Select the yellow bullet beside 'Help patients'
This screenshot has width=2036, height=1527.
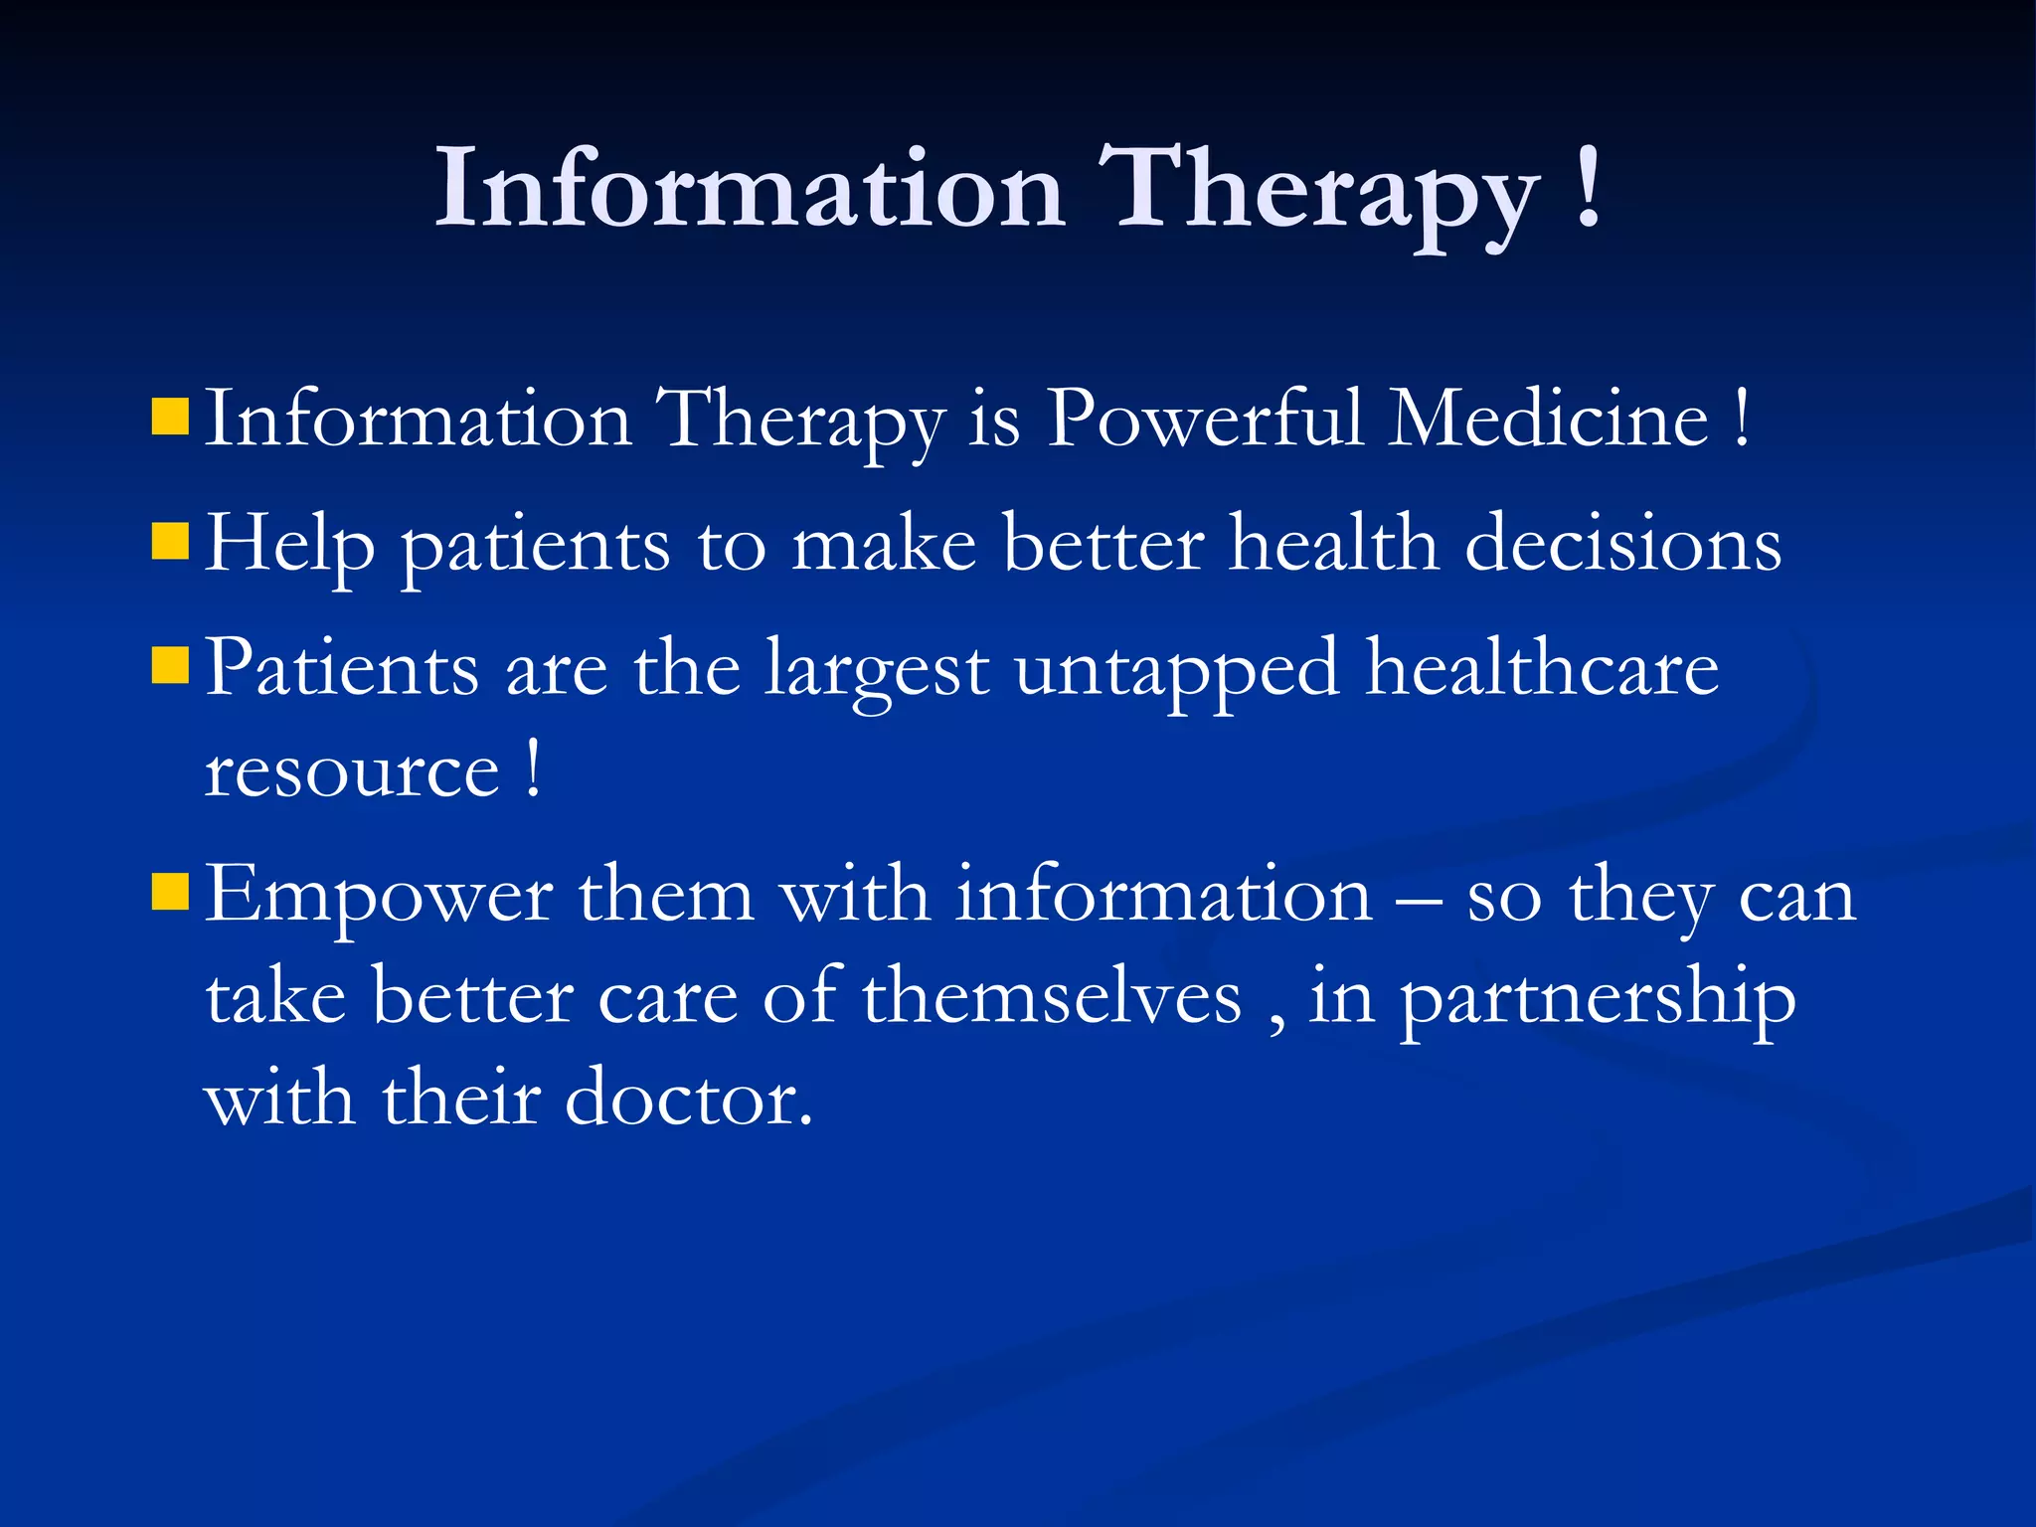tap(170, 543)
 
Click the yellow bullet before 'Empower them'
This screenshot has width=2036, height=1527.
tap(170, 892)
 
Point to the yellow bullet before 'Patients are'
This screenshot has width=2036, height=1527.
tap(170, 666)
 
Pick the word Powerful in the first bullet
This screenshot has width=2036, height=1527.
tap(1205, 420)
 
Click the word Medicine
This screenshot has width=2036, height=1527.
tap(1548, 420)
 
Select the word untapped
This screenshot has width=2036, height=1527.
tap(1177, 670)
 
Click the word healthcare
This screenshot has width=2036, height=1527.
tap(1542, 668)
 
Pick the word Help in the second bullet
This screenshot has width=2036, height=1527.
tap(289, 546)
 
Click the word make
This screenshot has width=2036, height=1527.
tap(884, 545)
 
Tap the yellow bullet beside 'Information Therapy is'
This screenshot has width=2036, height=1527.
tap(170, 419)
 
